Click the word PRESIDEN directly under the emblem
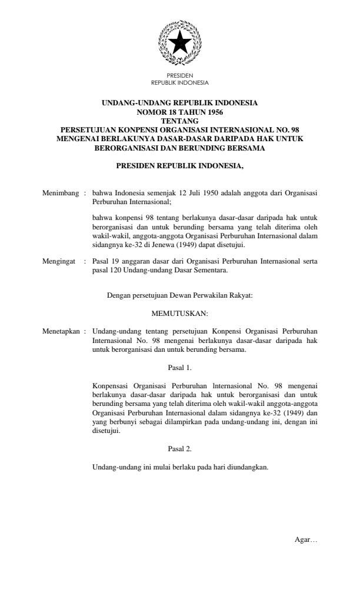click(x=179, y=76)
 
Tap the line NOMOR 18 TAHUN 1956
click(x=179, y=111)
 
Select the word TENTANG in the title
click(x=179, y=118)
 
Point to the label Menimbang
click(x=61, y=192)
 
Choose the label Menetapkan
click(x=63, y=332)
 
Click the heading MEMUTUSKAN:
click(x=179, y=314)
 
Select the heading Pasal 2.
click(x=179, y=449)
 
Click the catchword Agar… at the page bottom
click(x=305, y=541)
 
